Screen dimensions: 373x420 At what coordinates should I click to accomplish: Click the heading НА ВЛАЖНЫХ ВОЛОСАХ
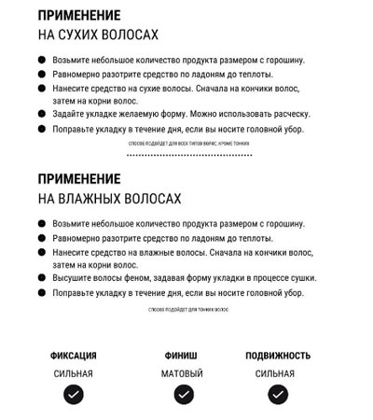pos(110,199)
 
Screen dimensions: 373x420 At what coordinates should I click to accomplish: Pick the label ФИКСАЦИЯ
pos(74,356)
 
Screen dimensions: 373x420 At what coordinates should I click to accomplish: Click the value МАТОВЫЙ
pos(182,373)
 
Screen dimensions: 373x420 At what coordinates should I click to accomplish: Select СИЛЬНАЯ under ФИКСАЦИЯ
pos(73,373)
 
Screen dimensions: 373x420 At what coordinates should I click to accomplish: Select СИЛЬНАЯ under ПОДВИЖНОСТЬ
pos(275,373)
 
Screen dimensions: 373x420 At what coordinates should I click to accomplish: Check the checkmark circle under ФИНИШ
pos(183,394)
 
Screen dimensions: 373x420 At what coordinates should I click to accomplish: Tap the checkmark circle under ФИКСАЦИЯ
pos(74,394)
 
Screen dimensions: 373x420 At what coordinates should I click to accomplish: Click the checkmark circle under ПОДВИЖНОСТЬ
pos(276,394)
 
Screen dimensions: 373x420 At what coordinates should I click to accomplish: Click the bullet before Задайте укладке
pos(42,114)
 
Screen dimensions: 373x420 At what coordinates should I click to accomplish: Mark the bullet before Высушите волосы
pos(42,278)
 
